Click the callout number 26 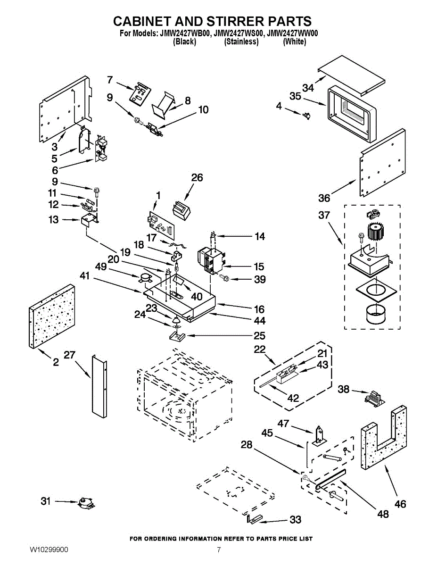pyautogui.click(x=197, y=177)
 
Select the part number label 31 pyautogui.click(x=45, y=501)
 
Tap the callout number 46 pyautogui.click(x=400, y=504)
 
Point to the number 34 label pyautogui.click(x=308, y=88)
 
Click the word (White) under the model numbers pyautogui.click(x=294, y=42)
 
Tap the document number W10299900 pyautogui.click(x=49, y=550)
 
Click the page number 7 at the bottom pyautogui.click(x=219, y=550)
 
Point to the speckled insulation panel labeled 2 pyautogui.click(x=52, y=316)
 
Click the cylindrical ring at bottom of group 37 pyautogui.click(x=373, y=314)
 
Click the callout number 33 pyautogui.click(x=295, y=520)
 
